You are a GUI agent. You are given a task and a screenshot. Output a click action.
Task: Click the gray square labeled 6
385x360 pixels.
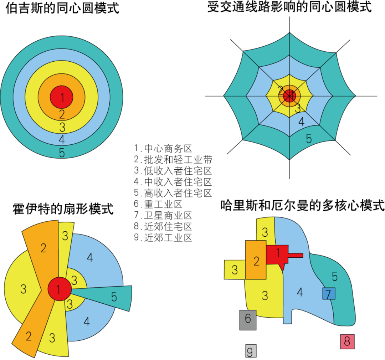[248, 320]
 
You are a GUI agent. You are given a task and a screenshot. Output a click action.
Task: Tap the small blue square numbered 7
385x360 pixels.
[329, 294]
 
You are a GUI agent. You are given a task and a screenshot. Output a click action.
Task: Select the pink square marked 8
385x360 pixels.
[347, 341]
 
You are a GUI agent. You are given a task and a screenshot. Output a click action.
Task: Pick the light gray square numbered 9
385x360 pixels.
[251, 351]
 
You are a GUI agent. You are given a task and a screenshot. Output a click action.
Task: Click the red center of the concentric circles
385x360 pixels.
[62, 97]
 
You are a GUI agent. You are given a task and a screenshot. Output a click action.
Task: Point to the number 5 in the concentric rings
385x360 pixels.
[62, 153]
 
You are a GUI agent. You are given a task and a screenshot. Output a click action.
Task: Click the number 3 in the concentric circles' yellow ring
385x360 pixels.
[62, 127]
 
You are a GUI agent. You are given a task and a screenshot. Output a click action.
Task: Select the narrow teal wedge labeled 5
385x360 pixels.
[114, 297]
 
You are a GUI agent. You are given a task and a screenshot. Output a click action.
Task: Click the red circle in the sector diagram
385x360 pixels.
[59, 289]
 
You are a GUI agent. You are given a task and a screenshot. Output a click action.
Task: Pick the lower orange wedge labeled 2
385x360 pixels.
[29, 337]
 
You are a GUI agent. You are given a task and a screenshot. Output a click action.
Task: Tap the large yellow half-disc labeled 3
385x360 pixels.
[23, 289]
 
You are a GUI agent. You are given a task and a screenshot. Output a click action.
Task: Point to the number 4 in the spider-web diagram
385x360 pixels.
[302, 122]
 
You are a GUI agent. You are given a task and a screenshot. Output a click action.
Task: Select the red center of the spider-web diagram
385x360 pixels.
[289, 96]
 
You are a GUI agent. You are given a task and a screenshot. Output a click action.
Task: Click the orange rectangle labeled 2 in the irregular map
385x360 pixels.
[256, 260]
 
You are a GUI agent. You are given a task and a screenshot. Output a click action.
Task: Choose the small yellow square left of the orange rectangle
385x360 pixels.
[235, 270]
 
